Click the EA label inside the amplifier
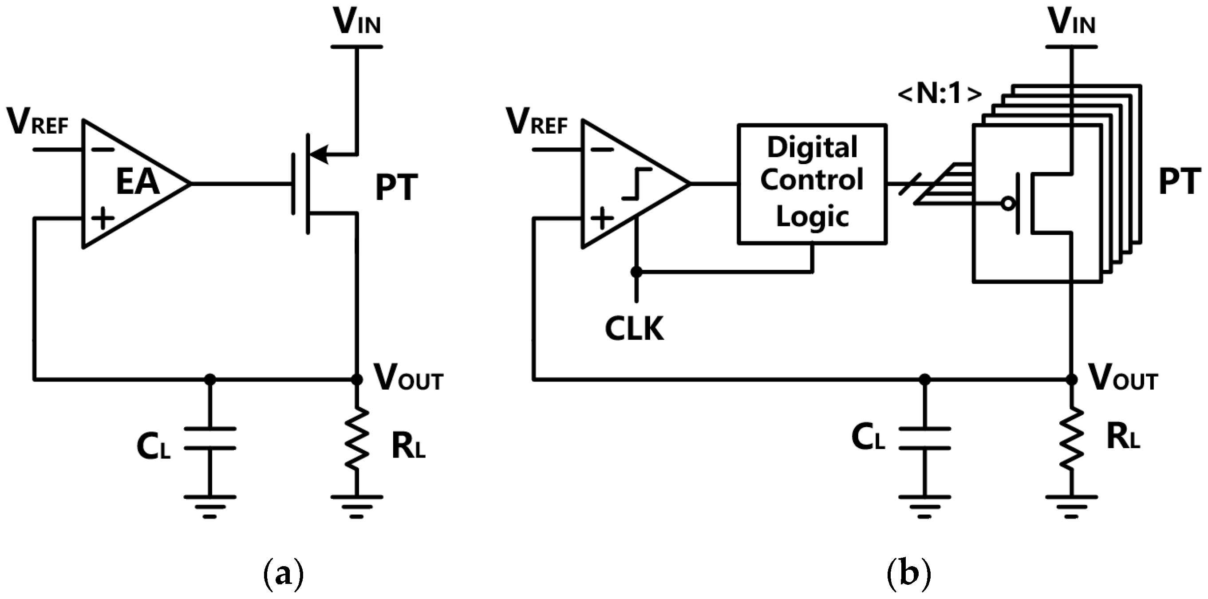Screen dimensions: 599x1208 [138, 183]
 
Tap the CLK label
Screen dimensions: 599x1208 [634, 329]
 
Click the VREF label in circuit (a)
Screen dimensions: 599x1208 [38, 123]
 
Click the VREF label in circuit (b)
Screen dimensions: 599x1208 [537, 123]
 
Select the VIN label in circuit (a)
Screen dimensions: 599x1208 [356, 22]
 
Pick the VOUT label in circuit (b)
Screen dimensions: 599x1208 [1123, 379]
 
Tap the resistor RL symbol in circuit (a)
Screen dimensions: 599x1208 [357, 438]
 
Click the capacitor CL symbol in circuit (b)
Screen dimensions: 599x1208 [924, 438]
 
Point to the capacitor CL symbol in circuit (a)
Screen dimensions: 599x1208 [209, 438]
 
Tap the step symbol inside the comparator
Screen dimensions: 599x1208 [636, 184]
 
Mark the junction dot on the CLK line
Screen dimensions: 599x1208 [636, 272]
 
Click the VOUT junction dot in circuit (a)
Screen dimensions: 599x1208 [357, 379]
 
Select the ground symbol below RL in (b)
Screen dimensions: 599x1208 [1071, 506]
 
